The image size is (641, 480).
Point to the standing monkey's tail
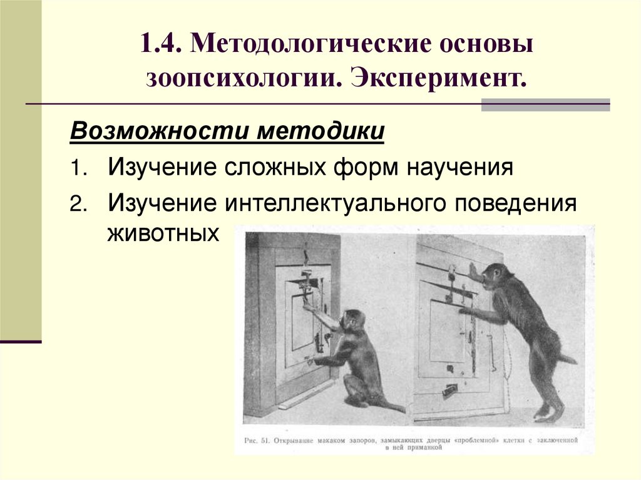566,359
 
